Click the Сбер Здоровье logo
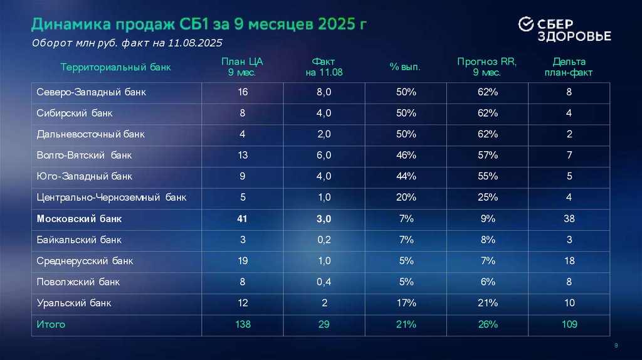tap(564, 29)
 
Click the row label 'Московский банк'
tap(79, 219)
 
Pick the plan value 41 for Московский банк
tap(243, 219)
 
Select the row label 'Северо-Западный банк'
tap(91, 92)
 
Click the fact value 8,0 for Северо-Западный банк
tap(324, 92)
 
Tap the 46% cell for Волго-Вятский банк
tap(406, 156)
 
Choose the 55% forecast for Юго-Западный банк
tap(487, 177)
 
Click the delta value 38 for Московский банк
tap(569, 219)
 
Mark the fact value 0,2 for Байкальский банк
tap(324, 240)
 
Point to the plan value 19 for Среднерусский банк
tap(243, 261)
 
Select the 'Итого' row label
tap(50, 324)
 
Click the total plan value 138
tap(243, 324)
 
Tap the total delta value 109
tap(569, 324)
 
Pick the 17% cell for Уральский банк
tap(406, 303)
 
